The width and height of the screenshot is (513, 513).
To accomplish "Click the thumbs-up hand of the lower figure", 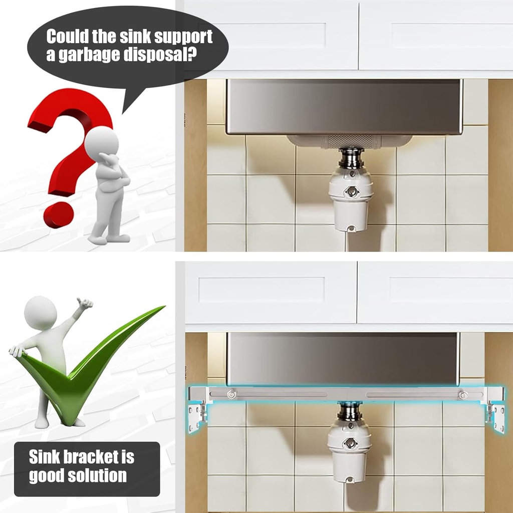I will (x=84, y=304).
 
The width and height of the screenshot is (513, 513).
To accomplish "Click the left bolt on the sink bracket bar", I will (x=231, y=394).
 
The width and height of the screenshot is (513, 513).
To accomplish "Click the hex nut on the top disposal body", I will (x=352, y=191).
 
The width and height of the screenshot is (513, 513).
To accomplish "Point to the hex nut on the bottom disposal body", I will (x=350, y=443).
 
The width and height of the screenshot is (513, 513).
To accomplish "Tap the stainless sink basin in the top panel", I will (x=343, y=106).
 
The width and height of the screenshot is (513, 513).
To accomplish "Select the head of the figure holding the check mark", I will (x=41, y=313).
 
